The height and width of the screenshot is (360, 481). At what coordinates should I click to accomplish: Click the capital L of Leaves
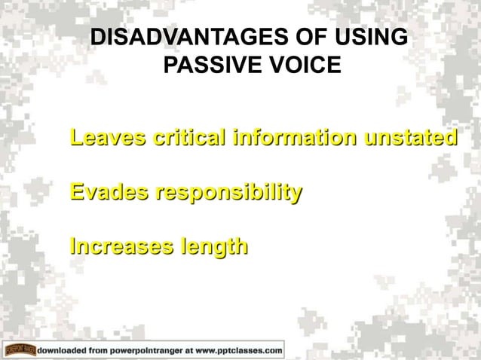pos(75,139)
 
